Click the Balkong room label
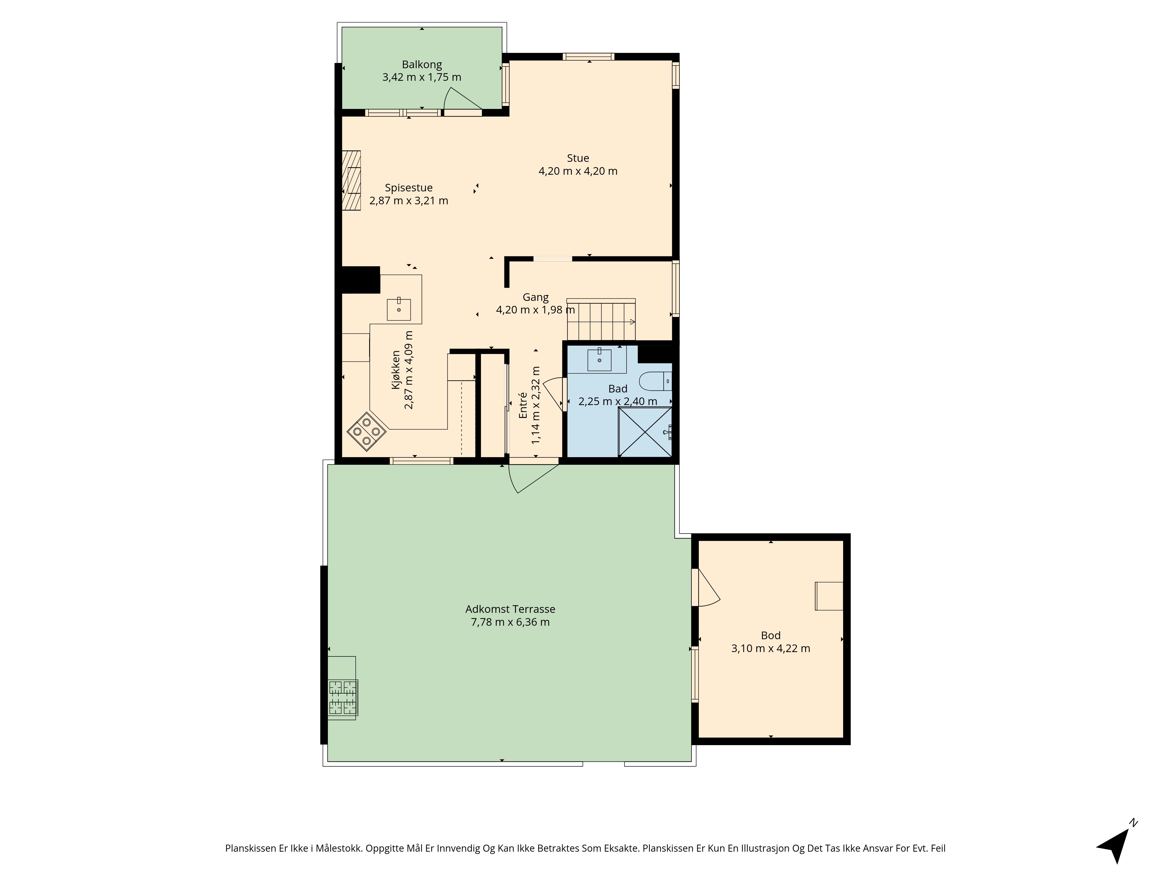click(422, 65)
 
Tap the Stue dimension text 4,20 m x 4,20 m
click(578, 171)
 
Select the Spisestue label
click(409, 188)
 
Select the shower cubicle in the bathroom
click(645, 431)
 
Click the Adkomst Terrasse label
click(510, 609)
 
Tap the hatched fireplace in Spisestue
click(351, 181)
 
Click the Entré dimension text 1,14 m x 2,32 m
click(536, 404)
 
